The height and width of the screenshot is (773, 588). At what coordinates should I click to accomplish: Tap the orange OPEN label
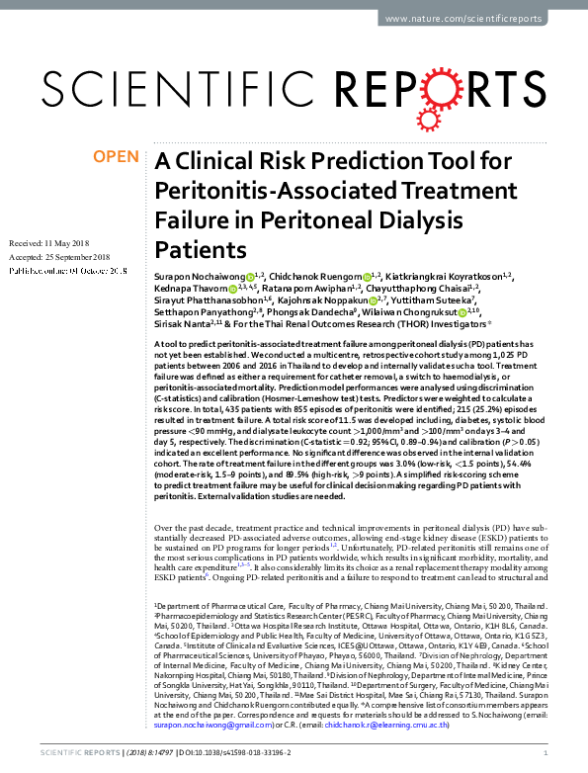(117, 157)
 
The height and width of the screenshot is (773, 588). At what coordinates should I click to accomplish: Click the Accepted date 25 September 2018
(68, 256)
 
